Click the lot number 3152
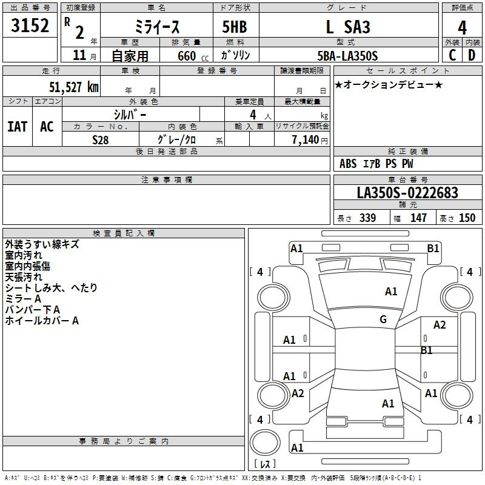pos(30,25)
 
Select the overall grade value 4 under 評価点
pos(462,28)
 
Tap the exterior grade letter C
pos(452,55)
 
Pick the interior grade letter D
pos(472,55)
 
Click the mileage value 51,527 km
pos(74,87)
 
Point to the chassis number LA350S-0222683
pos(407,193)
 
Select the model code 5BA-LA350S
pos(347,56)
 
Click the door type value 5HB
pos(235,27)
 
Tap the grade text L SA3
pos(348,27)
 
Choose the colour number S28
pos(101,140)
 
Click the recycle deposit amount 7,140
pos(306,140)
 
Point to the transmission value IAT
pos(18,127)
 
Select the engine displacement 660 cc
pos(193,56)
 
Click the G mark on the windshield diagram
pos(383,319)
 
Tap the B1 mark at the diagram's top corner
pos(433,249)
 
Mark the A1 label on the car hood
pos(391,292)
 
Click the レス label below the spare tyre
pos(265,464)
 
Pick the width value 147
pos(418,218)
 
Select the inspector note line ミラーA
pos(23,299)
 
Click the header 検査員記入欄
pos(124,233)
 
